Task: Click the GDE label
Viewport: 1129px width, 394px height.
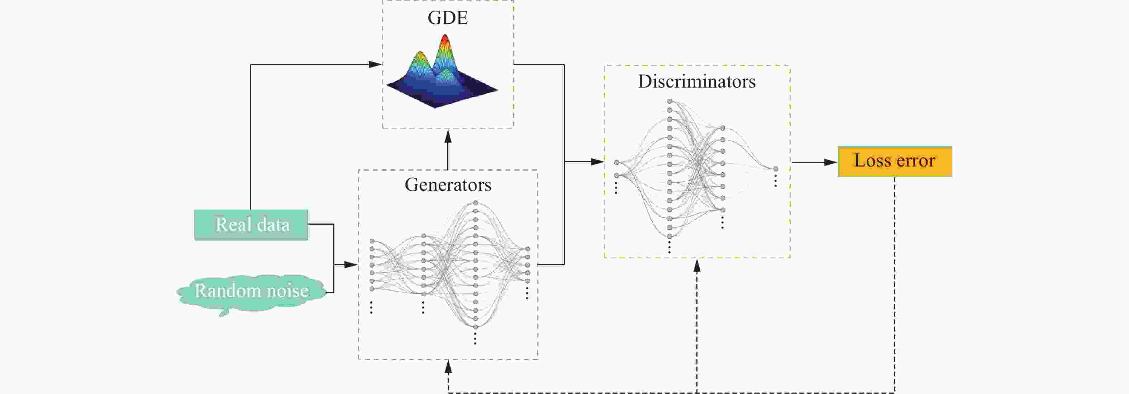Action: click(448, 18)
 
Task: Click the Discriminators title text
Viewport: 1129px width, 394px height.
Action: click(696, 81)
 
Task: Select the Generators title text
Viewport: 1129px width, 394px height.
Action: click(448, 185)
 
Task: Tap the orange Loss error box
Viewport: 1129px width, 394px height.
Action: click(895, 161)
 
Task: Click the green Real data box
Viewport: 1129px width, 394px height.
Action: click(251, 225)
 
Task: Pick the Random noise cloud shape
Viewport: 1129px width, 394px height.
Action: click(251, 291)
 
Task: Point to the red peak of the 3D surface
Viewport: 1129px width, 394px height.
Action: click(444, 40)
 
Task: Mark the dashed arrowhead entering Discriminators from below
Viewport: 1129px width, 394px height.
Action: click(697, 266)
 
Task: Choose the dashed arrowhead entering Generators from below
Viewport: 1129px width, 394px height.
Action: click(448, 367)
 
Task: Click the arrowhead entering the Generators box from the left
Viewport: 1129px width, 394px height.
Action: click(352, 264)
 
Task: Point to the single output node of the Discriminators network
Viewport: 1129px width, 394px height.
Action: click(776, 169)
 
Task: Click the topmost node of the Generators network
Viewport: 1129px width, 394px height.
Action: click(476, 203)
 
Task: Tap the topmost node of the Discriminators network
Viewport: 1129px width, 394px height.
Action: click(670, 101)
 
